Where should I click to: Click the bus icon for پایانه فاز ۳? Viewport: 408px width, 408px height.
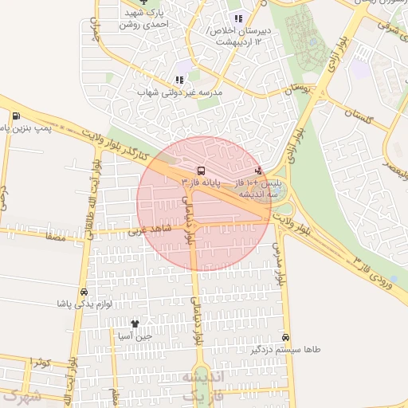pos(199,171)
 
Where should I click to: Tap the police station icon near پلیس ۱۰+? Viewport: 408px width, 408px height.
pos(258,169)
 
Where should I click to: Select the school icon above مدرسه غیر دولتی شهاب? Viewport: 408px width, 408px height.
pos(178,80)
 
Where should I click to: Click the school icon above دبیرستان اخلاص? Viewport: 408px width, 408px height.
pos(237,18)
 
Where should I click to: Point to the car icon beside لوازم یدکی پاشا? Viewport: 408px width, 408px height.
pos(84,292)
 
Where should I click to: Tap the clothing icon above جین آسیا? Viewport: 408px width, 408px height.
pos(134,324)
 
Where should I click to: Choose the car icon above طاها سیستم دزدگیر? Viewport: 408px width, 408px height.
pos(285,337)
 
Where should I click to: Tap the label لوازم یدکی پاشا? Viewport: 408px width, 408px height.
pos(84,304)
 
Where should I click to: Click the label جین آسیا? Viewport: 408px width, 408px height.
pos(133,335)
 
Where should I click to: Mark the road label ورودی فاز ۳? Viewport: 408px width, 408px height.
pos(375,272)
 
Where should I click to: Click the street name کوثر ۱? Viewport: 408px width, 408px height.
pos(41,363)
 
